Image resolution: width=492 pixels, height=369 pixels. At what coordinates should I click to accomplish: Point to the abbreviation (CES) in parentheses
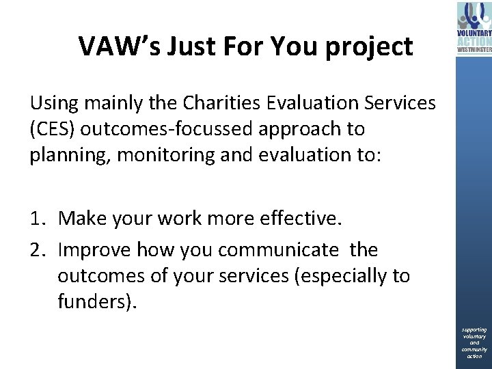(x=53, y=128)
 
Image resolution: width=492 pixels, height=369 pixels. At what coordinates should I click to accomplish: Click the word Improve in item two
(x=95, y=250)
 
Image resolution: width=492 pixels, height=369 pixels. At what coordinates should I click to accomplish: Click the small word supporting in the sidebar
(x=474, y=330)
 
